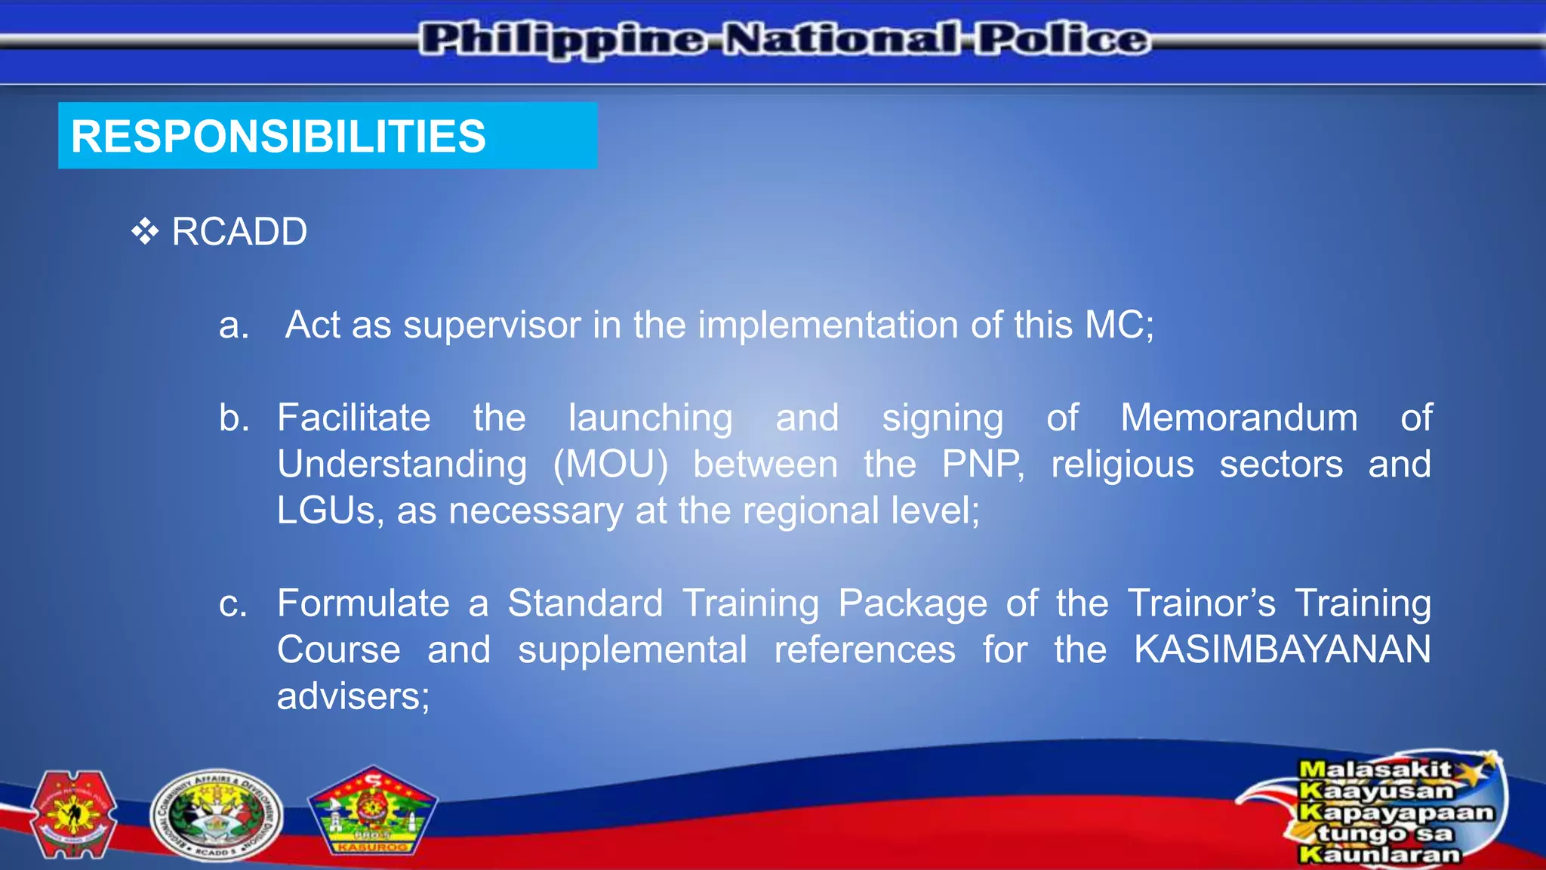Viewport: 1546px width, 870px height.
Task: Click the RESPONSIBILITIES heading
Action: tap(278, 137)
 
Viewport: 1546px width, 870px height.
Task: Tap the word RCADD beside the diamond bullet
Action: tap(239, 231)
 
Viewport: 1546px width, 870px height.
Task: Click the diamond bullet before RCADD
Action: tap(144, 231)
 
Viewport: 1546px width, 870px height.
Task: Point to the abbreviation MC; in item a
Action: tap(1119, 325)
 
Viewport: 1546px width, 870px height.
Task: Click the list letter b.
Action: tap(234, 418)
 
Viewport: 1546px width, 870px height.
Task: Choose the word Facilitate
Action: tap(353, 418)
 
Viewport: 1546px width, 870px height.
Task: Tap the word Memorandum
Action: tap(1239, 418)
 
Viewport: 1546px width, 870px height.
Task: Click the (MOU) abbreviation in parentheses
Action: tap(610, 464)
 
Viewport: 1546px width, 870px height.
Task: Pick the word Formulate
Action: tap(363, 603)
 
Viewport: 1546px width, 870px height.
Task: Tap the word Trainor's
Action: tap(1201, 603)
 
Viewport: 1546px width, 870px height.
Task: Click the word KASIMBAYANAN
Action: tap(1282, 649)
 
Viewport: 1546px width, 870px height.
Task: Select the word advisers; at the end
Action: tap(353, 696)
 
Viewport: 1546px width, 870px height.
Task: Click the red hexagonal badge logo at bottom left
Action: tap(73, 814)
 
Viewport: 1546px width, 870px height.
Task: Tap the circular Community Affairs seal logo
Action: tap(216, 816)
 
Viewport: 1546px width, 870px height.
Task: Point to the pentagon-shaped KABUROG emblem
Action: tap(372, 812)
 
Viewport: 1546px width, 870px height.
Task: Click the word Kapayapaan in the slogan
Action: tap(1396, 813)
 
